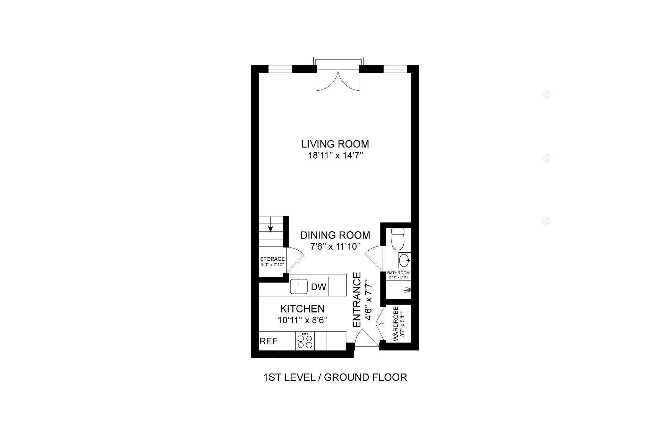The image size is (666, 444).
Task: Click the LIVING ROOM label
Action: pyautogui.click(x=335, y=144)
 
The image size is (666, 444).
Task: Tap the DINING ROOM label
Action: pyautogui.click(x=335, y=235)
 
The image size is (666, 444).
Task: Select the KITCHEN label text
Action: pyautogui.click(x=302, y=309)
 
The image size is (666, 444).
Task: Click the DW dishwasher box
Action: pyautogui.click(x=318, y=286)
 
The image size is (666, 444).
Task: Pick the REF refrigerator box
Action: pyautogui.click(x=268, y=341)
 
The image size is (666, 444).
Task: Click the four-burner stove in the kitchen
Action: pyautogui.click(x=305, y=341)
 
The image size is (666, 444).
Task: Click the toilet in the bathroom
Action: pyautogui.click(x=397, y=239)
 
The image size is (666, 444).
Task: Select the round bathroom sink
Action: pyautogui.click(x=404, y=260)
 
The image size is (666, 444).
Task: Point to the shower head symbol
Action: pyautogui.click(x=408, y=289)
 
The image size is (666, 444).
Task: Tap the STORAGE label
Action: pyautogui.click(x=273, y=259)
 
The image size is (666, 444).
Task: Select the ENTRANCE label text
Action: pyautogui.click(x=357, y=300)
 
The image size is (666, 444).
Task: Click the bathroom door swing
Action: pyautogui.click(x=374, y=259)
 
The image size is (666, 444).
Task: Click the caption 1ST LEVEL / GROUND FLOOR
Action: pyautogui.click(x=335, y=377)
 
